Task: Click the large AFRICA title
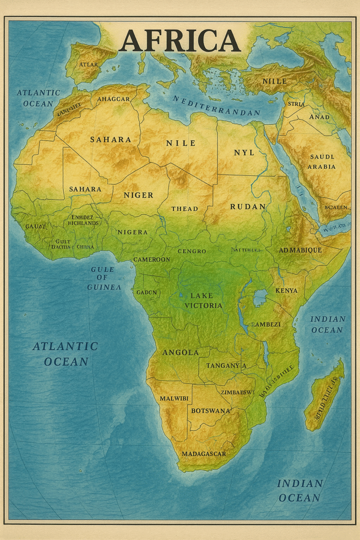(180, 41)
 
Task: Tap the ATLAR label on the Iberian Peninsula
(89, 64)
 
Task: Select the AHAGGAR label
(113, 99)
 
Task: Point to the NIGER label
(138, 195)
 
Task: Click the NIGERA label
(132, 232)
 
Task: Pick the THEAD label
(185, 209)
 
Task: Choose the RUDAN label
(248, 206)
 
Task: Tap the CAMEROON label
(152, 259)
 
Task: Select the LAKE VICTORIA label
(203, 300)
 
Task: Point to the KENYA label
(286, 291)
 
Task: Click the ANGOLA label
(180, 352)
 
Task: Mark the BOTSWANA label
(210, 411)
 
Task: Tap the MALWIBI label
(174, 398)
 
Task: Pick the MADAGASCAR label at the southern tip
(203, 454)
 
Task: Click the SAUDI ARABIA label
(322, 162)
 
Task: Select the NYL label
(244, 153)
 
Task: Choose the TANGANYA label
(226, 366)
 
